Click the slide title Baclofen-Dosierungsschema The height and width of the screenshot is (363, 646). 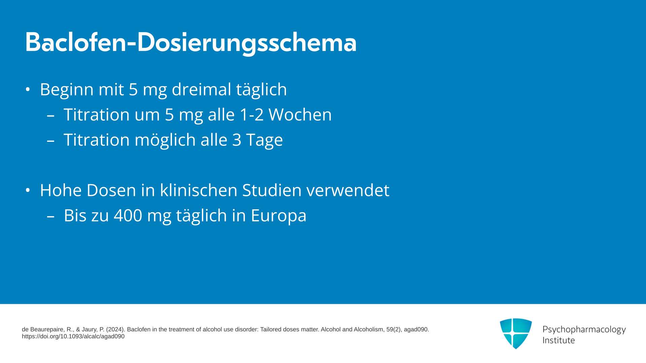click(191, 43)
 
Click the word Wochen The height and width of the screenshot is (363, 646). click(300, 115)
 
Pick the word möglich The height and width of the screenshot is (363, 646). click(165, 140)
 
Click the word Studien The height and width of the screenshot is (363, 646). click(272, 190)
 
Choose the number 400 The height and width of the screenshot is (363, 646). click(128, 215)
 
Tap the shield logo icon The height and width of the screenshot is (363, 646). click(516, 333)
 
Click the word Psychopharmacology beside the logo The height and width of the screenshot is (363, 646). click(584, 330)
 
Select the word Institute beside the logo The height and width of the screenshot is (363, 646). click(559, 340)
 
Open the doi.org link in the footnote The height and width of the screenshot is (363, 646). click(73, 336)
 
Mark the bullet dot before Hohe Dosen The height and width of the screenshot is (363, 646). click(28, 191)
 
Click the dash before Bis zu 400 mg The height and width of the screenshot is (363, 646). click(50, 217)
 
